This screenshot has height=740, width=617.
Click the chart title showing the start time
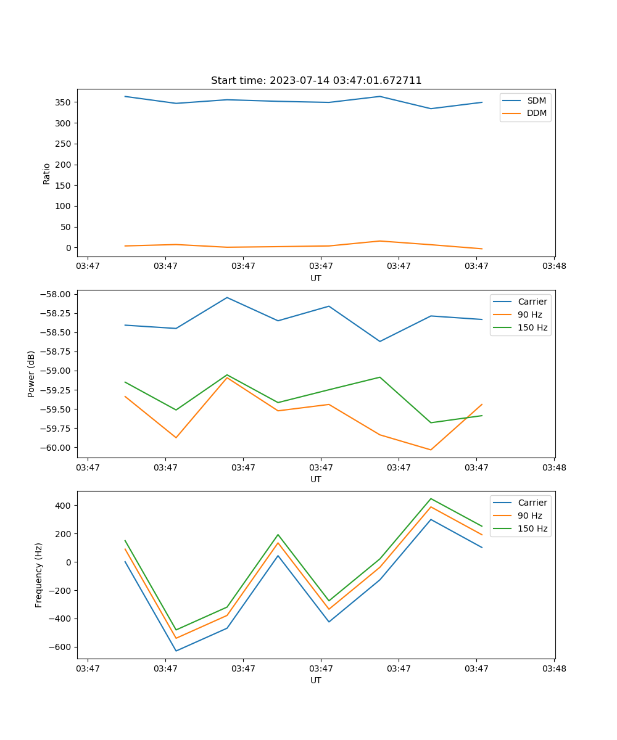[x=316, y=81]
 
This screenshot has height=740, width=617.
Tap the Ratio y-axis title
[x=46, y=173]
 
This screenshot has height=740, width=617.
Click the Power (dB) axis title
[x=31, y=374]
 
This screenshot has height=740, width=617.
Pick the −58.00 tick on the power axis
[x=56, y=294]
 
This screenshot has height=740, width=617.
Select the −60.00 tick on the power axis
[x=56, y=448]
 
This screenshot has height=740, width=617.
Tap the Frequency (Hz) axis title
[x=39, y=575]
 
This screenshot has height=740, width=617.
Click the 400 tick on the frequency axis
[x=64, y=506]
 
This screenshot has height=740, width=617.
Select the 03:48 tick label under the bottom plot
[x=553, y=668]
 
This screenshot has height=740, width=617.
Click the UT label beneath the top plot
[x=316, y=278]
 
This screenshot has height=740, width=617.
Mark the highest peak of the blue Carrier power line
[x=227, y=297]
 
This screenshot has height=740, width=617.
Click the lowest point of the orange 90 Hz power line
[x=431, y=450]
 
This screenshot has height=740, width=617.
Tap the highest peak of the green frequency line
[x=431, y=498]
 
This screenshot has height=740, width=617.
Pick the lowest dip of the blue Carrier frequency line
[x=176, y=651]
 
